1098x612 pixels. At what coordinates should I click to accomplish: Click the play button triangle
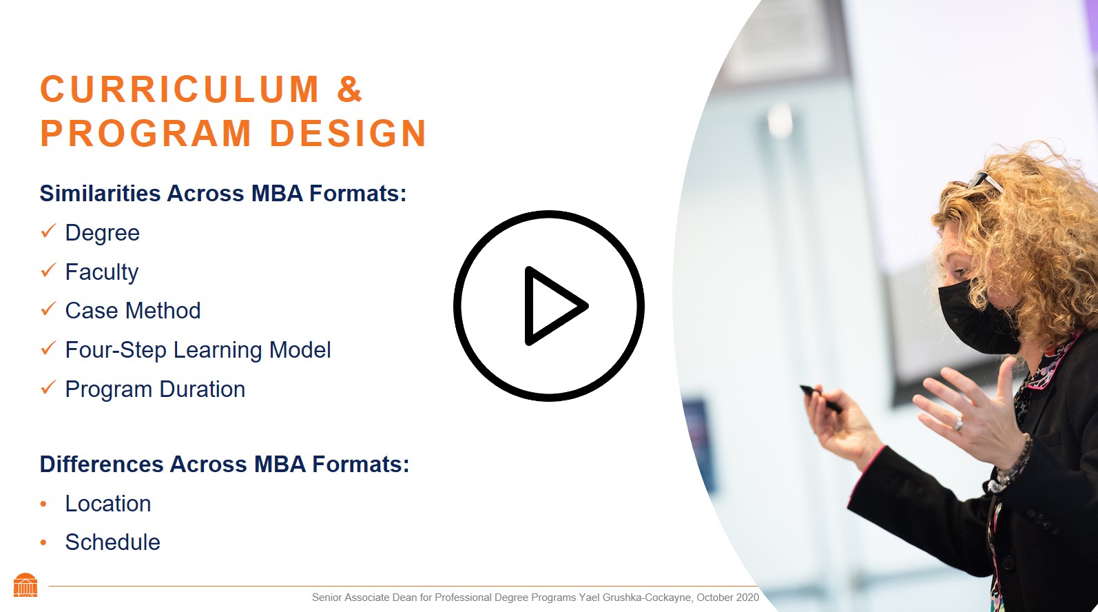553,305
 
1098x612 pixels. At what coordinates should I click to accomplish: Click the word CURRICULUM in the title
180,90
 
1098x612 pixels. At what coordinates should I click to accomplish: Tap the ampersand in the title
349,90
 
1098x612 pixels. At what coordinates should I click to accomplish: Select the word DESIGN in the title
348,134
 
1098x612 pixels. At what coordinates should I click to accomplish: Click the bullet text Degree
102,233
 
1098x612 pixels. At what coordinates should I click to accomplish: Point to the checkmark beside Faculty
48,271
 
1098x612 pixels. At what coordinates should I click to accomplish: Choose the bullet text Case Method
132,311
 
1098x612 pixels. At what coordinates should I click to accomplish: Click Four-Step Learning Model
198,350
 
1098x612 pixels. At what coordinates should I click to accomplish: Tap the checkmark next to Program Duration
48,388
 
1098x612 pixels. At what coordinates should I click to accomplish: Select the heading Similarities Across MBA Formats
222,194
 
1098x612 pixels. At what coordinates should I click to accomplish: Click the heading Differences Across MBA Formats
224,465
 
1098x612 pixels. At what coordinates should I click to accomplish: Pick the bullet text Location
107,504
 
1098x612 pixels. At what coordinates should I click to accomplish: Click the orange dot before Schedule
43,543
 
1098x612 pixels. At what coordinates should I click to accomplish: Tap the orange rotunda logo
25,585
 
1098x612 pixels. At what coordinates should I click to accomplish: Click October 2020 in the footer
727,598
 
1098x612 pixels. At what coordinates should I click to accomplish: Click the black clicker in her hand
820,398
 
